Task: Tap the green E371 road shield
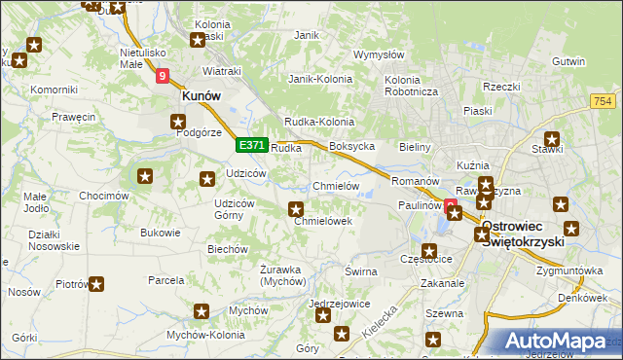tap(252, 145)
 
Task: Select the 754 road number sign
tap(603, 102)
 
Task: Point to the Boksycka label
tap(352, 146)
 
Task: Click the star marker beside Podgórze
tap(178, 122)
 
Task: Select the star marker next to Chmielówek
tap(296, 208)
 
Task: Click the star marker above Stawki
tap(552, 138)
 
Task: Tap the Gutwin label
tap(595, 61)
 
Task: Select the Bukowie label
tap(161, 233)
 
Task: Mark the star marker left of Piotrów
tap(95, 284)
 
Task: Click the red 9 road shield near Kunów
tap(162, 74)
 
